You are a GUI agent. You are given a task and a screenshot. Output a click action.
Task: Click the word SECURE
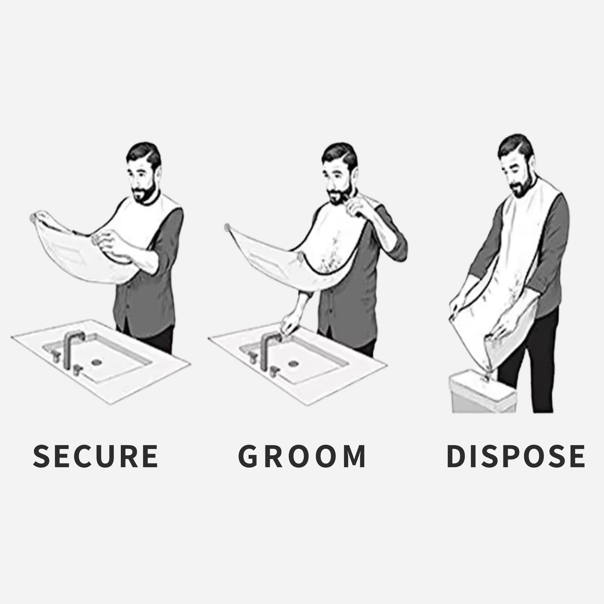(x=95, y=456)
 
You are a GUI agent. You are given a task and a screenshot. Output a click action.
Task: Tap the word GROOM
(x=302, y=456)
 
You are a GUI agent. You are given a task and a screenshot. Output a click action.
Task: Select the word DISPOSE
(x=516, y=456)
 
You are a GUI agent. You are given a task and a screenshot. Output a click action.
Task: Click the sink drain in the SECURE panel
(x=97, y=360)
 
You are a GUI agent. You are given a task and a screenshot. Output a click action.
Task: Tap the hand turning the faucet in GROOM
(x=288, y=324)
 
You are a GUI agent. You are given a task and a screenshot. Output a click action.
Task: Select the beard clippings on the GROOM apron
(x=334, y=255)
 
